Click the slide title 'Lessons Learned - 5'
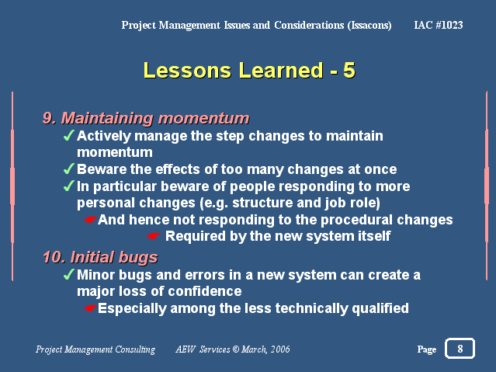point(249,70)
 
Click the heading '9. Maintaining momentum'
point(146,118)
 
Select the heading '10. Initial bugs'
point(100,257)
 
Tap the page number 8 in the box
point(460,349)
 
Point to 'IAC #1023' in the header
point(439,25)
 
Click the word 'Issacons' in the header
point(369,26)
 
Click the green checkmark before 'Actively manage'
point(69,135)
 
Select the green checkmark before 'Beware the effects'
point(69,169)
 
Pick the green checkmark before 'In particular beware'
point(69,186)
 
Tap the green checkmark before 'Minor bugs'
point(69,274)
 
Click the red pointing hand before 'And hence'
point(91,220)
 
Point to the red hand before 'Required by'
point(154,236)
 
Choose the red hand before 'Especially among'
point(91,308)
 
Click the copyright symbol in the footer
point(236,349)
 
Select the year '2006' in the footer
point(280,349)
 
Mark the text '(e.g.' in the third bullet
point(213,203)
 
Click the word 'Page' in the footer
point(427,349)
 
